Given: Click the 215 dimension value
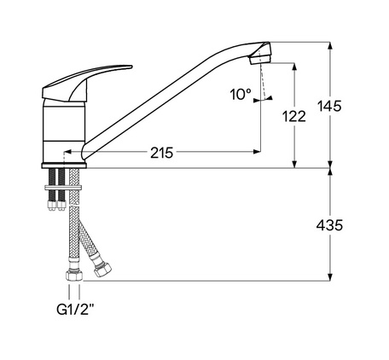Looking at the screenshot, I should point(161,154).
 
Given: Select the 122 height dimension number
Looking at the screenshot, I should point(295,117).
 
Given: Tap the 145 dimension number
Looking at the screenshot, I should point(329,106).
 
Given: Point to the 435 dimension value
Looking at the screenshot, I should point(329,225).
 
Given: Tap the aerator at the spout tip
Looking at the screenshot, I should point(258,59).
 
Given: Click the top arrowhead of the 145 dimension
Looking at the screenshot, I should point(329,45).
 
